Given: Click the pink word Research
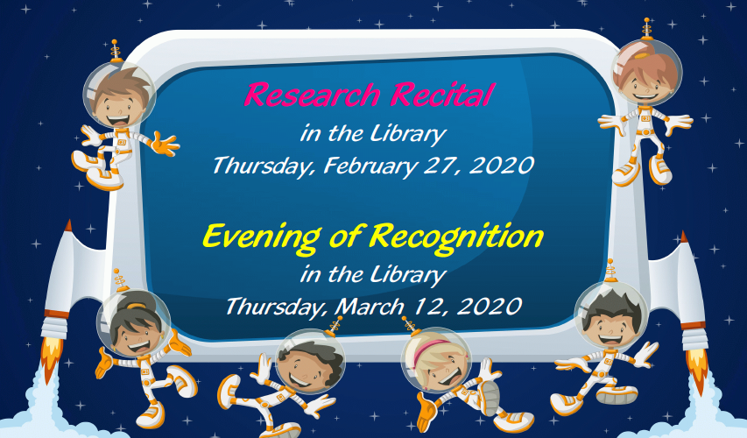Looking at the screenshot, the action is point(312,95).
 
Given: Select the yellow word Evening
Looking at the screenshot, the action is point(261,237).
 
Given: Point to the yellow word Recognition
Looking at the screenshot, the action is point(456,237).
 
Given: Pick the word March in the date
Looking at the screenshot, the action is point(370,306).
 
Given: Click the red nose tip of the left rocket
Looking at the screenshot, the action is point(68,225).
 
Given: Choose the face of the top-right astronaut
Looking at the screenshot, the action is point(646,84).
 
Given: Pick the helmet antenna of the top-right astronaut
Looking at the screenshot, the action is point(646,28).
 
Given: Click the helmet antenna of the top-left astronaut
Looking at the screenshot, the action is point(115,51).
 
